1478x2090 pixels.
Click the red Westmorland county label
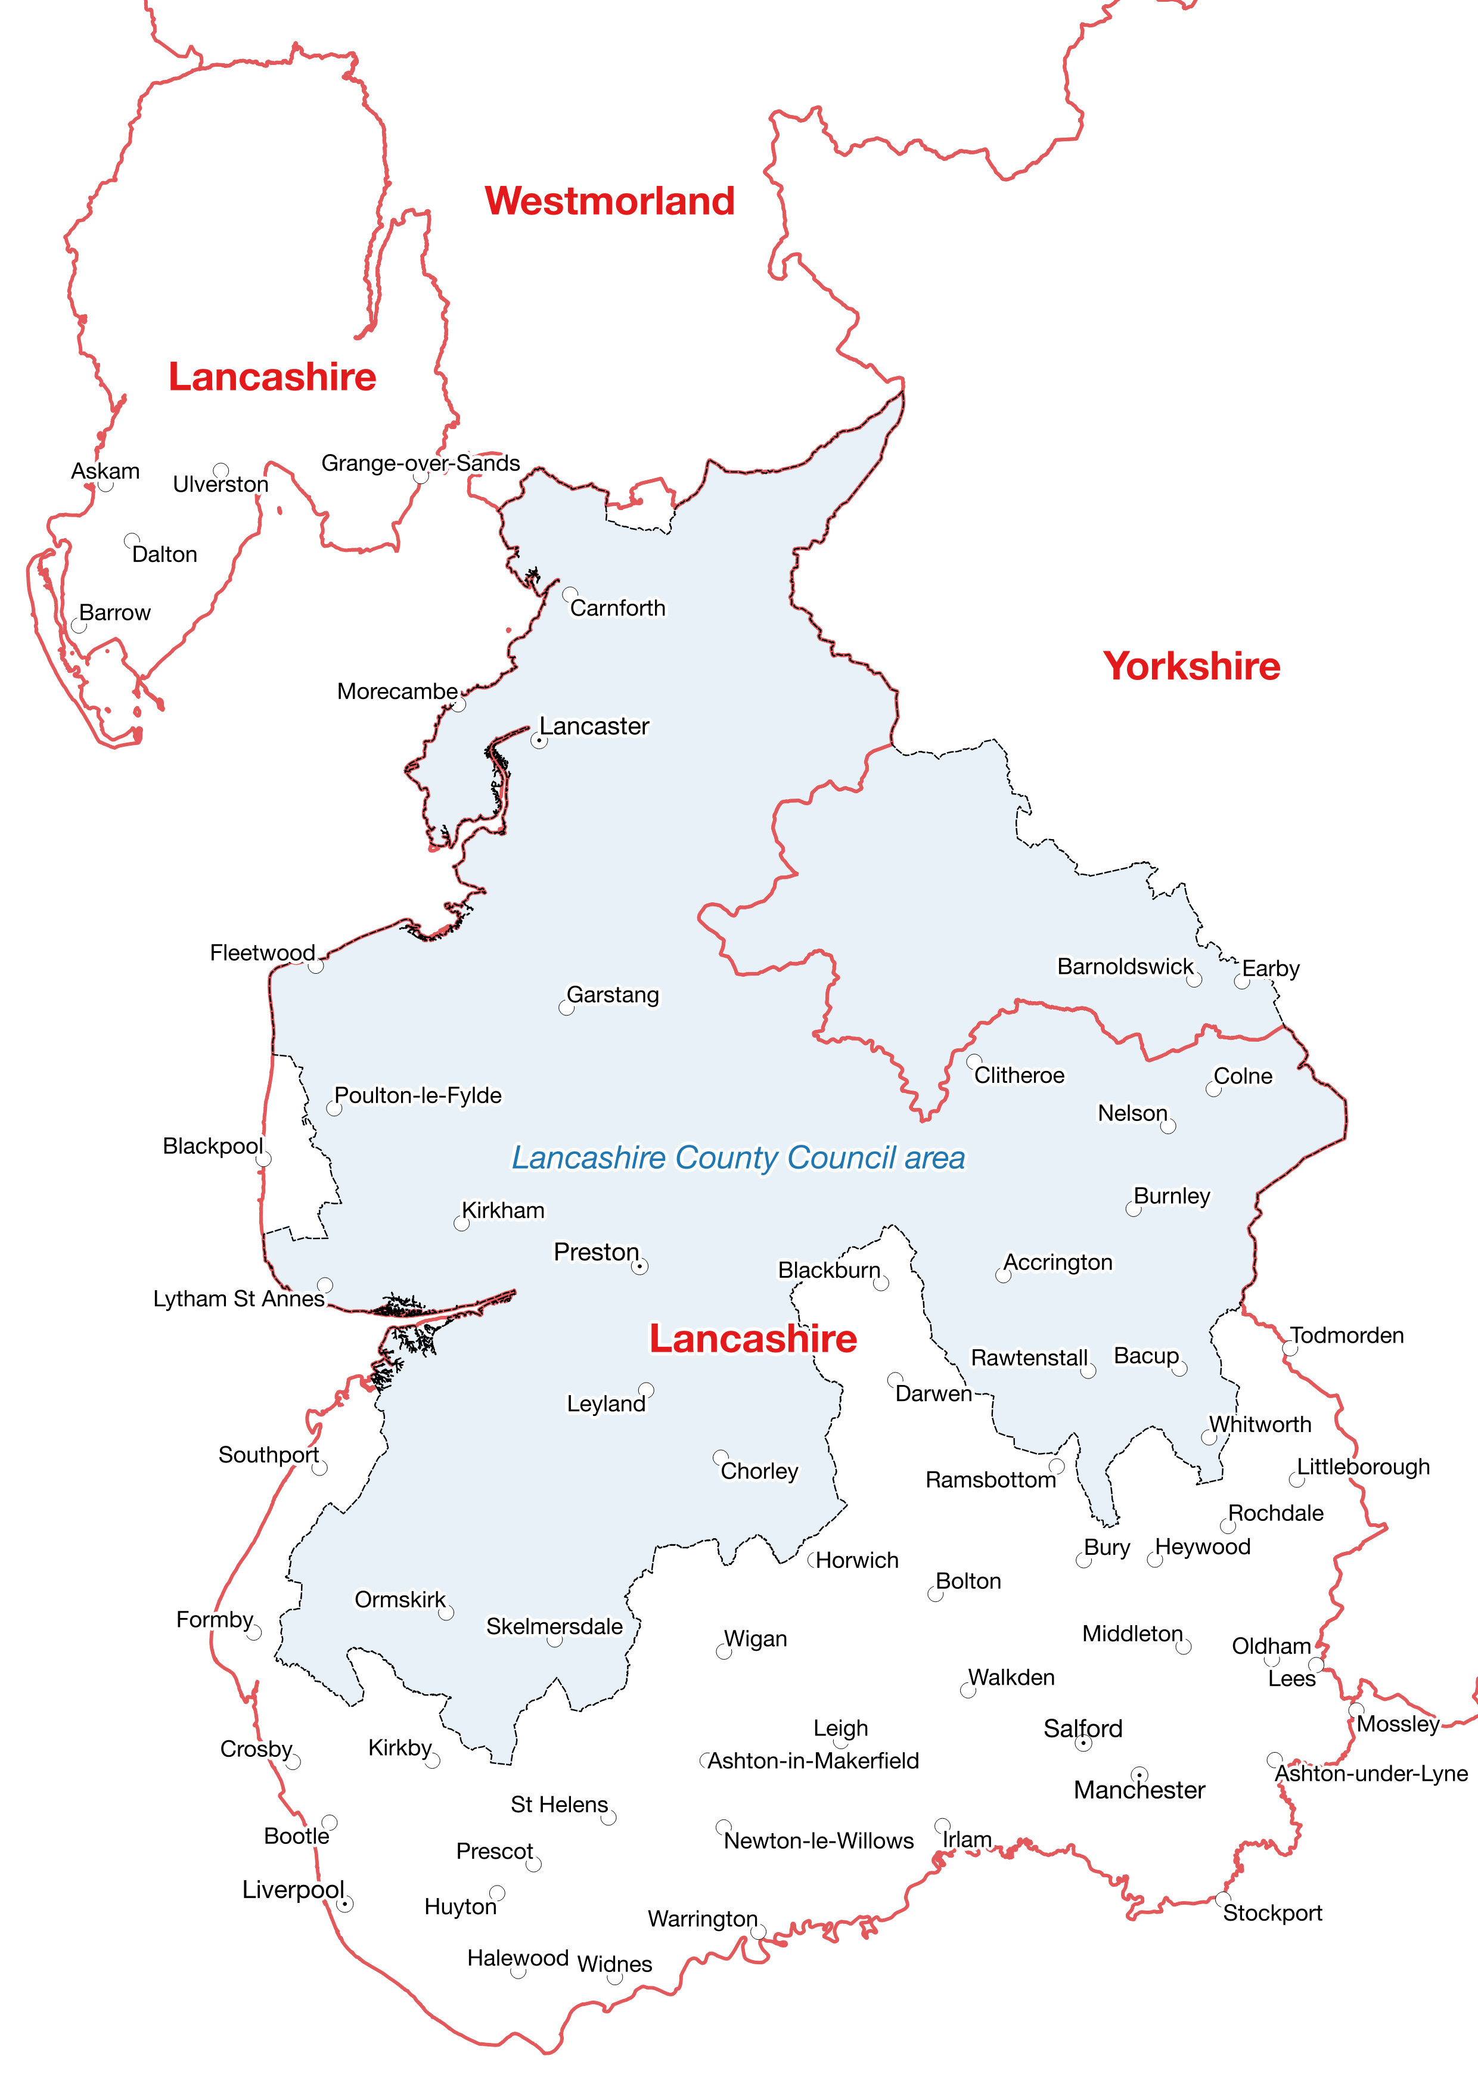609,201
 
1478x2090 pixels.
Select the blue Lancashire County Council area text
737,1158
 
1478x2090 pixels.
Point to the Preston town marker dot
640,1266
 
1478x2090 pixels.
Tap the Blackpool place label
212,1146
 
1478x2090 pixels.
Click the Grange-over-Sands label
421,463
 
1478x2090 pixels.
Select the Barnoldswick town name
1124,967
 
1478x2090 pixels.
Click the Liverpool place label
292,1890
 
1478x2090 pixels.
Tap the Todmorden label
1346,1336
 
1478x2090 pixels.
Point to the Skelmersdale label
554,1627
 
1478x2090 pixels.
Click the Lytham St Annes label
238,1299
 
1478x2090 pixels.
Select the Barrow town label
114,613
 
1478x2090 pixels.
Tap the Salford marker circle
1083,1743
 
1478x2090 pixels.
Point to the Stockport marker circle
1223,1899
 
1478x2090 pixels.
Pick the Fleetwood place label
262,953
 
